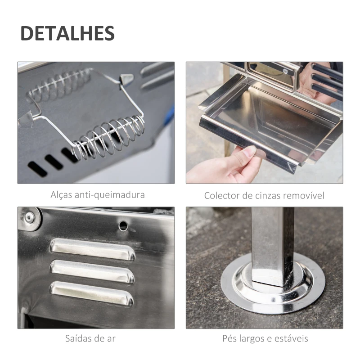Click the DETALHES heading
point(67,33)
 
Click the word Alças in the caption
point(61,195)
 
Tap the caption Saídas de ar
point(95,338)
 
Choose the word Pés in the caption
point(229,338)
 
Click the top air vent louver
point(93,249)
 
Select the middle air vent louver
point(92,271)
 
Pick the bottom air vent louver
point(92,293)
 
